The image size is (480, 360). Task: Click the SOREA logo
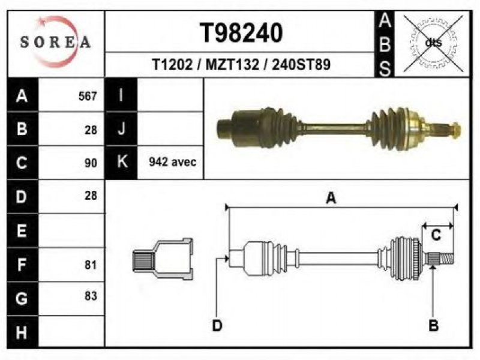click(x=55, y=42)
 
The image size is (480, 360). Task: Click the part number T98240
click(x=241, y=33)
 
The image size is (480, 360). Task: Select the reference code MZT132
click(x=232, y=65)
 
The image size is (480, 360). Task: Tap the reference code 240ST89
click(x=301, y=65)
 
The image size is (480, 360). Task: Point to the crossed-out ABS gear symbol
click(x=433, y=43)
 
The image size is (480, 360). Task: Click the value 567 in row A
click(x=88, y=96)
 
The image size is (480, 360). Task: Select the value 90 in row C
click(x=91, y=163)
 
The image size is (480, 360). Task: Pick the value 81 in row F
click(x=91, y=265)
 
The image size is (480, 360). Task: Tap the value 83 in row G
click(x=91, y=296)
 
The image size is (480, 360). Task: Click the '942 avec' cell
click(x=173, y=161)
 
